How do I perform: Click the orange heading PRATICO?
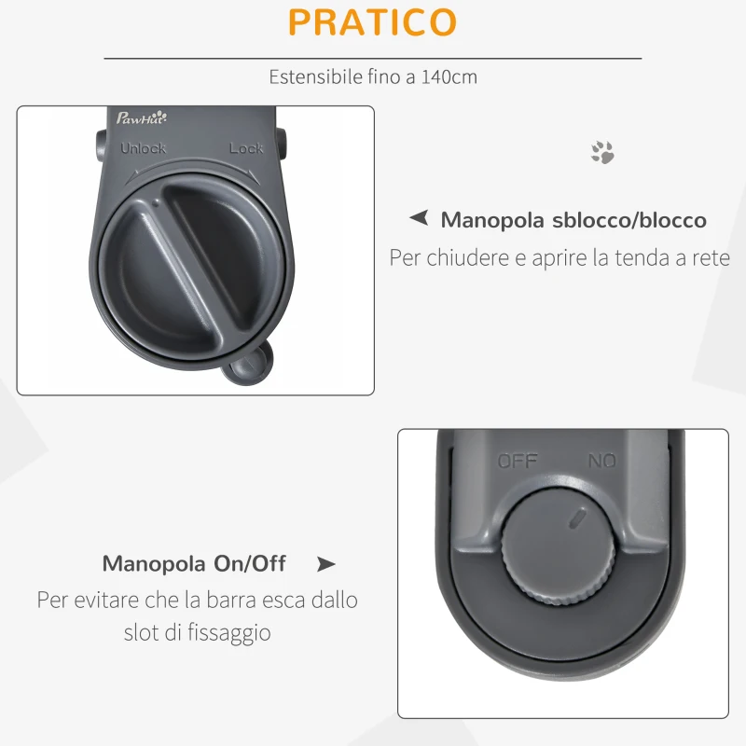click(x=373, y=22)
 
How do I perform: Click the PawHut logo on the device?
click(x=141, y=118)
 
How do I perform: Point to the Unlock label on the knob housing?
click(x=143, y=148)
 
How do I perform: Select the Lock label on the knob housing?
click(x=246, y=148)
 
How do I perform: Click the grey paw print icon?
click(x=602, y=152)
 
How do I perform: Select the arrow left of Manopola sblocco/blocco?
click(x=419, y=219)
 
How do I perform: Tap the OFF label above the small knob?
click(x=518, y=461)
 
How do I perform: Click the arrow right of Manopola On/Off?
click(x=325, y=563)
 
